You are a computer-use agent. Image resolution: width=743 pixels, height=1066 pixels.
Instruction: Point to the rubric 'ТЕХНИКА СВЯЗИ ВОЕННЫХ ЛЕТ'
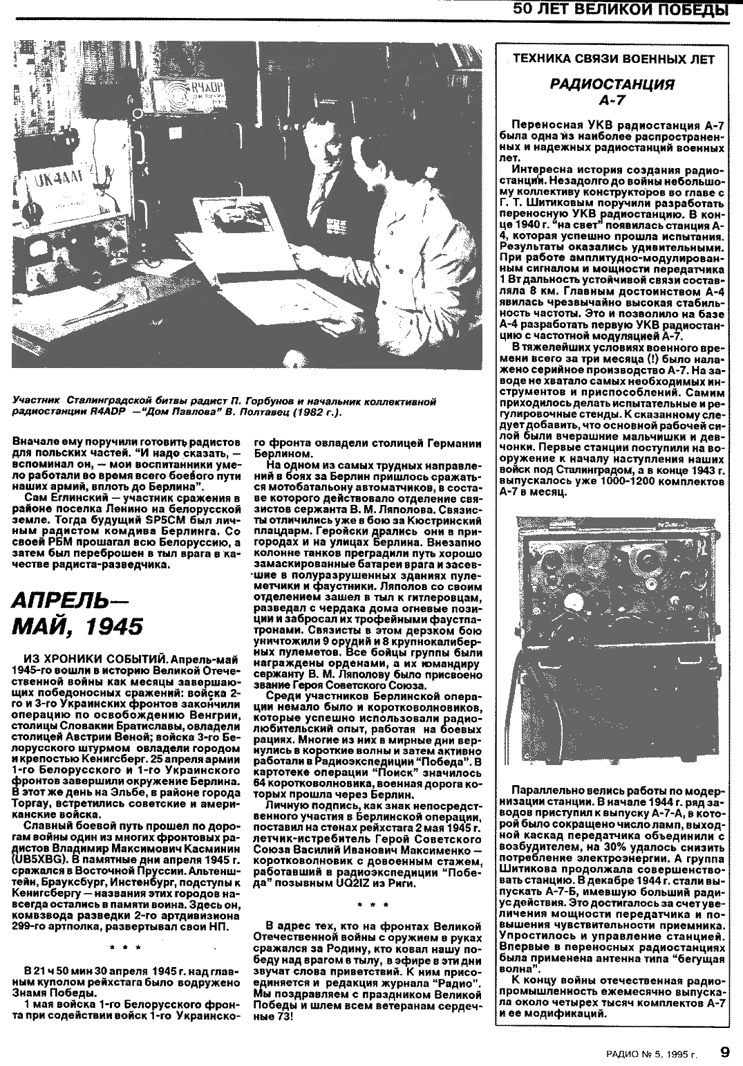point(610,59)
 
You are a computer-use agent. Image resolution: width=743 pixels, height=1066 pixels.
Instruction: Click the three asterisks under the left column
point(126,946)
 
